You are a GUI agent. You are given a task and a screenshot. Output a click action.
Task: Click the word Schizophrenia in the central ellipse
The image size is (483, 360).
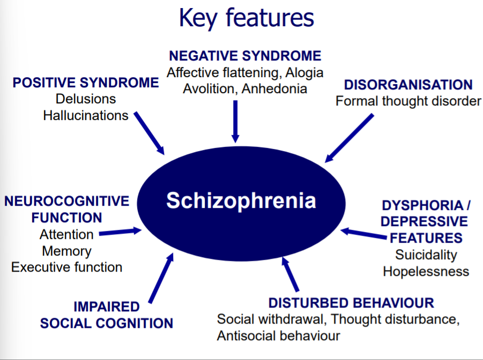pos(241,200)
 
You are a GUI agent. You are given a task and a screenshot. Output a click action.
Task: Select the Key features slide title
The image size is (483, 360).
pos(246,18)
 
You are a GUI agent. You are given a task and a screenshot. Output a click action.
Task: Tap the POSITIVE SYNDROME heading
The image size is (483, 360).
pos(86,82)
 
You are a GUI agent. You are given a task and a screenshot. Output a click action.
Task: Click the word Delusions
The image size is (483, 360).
pos(86,99)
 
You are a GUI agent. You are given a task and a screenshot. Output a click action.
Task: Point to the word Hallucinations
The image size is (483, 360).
pos(86,115)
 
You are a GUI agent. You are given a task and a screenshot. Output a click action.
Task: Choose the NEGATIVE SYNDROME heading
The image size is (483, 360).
pos(245,56)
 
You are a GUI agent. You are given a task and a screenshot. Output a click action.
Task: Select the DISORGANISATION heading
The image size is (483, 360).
pos(408,85)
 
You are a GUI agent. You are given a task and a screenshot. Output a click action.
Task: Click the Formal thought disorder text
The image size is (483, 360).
pos(408,101)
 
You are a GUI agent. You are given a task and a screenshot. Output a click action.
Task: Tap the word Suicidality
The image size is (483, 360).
pos(426,254)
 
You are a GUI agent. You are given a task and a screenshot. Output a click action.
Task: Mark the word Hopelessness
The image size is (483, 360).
pos(426,271)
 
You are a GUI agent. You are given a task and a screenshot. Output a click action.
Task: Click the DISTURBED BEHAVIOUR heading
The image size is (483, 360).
pos(351,303)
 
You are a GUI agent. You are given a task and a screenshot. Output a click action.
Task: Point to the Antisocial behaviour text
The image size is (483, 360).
pos(278,336)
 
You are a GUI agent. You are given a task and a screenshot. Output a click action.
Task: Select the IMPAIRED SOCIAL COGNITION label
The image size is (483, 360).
pos(107,315)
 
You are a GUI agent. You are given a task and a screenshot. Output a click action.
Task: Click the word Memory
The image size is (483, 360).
pos(66,251)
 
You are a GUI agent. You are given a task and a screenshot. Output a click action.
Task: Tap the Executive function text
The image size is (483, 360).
pos(66,267)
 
